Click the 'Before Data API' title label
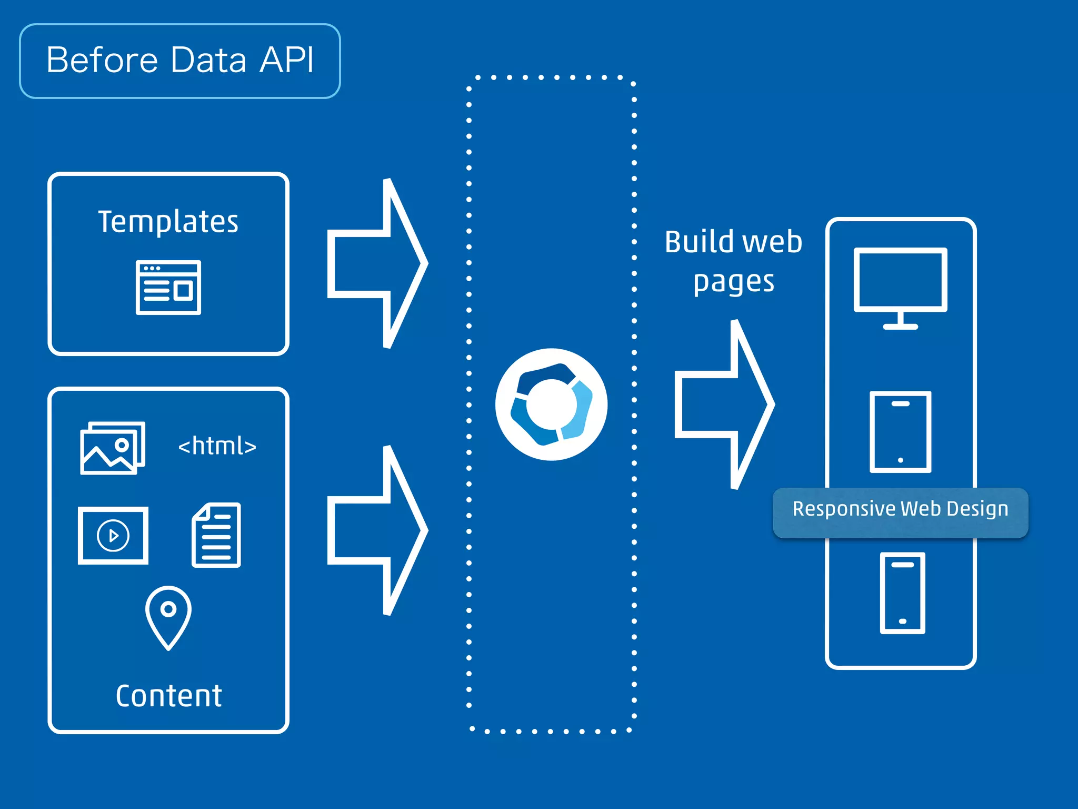[x=179, y=61]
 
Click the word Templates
[x=168, y=221]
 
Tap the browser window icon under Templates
[x=168, y=288]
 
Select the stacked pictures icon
[x=112, y=448]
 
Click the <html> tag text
[x=217, y=446]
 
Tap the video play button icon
[x=113, y=536]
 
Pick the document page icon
[x=216, y=535]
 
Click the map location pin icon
[x=168, y=617]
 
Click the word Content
[x=168, y=696]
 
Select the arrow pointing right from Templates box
[x=377, y=263]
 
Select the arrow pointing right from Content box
[x=377, y=530]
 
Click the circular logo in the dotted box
[x=551, y=404]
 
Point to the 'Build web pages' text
[x=733, y=262]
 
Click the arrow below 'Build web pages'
[x=724, y=404]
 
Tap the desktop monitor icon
[x=900, y=282]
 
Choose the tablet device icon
[x=900, y=432]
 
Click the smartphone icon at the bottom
[x=902, y=593]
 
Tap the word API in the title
[x=287, y=60]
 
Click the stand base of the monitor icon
[x=900, y=327]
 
